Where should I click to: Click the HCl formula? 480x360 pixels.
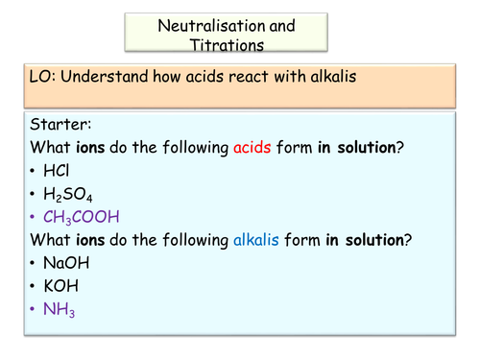pos(56,171)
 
